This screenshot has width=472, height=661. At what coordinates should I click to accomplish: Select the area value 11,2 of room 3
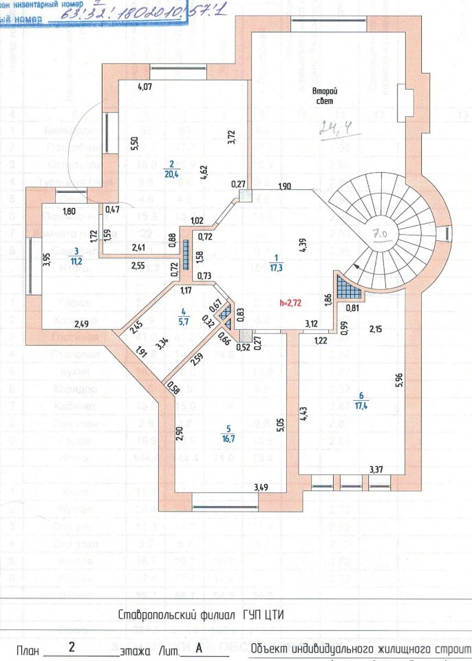[77, 260]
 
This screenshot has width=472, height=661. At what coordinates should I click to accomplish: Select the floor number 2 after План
[72, 647]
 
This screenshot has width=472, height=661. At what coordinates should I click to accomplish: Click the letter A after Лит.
[198, 647]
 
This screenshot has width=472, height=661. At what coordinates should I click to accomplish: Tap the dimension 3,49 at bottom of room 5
[261, 488]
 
